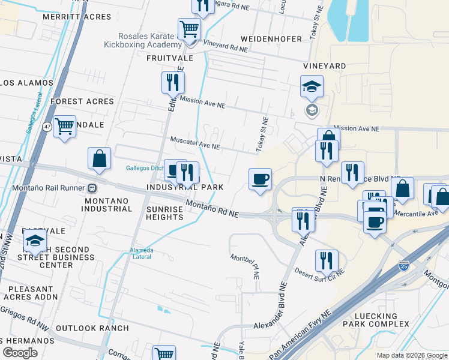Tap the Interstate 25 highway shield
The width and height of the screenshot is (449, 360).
(404, 265)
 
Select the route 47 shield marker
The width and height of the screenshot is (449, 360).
(47, 127)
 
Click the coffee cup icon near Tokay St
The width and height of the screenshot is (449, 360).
(260, 179)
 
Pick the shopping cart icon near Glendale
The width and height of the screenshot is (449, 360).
(64, 127)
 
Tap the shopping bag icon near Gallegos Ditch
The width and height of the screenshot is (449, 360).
(100, 158)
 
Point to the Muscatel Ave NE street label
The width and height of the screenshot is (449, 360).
(196, 146)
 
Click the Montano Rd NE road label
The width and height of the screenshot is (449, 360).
(212, 210)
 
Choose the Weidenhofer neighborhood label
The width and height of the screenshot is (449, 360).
(271, 39)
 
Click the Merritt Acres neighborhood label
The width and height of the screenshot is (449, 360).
(77, 17)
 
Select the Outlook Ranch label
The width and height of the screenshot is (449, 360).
(92, 328)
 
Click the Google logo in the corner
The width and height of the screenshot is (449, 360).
(20, 353)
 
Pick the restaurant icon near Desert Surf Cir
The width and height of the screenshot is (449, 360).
(327, 260)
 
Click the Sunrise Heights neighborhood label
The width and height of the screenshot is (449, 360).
(164, 212)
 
